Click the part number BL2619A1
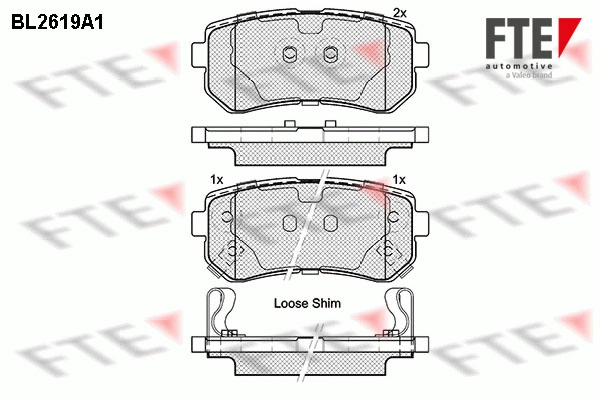57,23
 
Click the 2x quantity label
400,13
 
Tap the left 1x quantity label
217,180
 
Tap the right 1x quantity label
399,180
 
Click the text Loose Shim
307,304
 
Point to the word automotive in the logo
519,66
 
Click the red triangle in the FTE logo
568,35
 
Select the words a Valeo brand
529,75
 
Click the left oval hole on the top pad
290,54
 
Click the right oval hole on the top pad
330,54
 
